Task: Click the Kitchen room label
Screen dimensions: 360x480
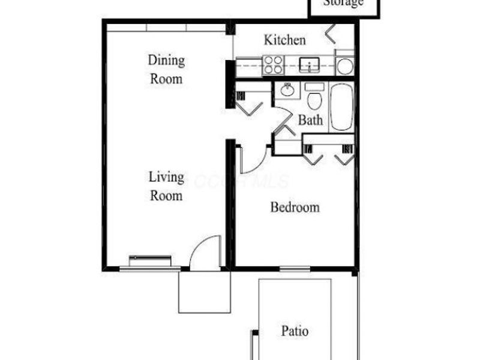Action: pyautogui.click(x=286, y=40)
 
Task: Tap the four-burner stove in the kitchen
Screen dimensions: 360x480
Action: pyautogui.click(x=273, y=64)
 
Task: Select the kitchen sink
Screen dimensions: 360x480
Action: pyautogui.click(x=310, y=64)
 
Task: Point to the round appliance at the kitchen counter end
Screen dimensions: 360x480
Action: pyautogui.click(x=344, y=66)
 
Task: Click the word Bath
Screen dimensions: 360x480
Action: pyautogui.click(x=311, y=120)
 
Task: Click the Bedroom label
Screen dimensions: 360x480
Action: pyautogui.click(x=295, y=208)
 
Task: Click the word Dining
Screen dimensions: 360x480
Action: pyautogui.click(x=166, y=60)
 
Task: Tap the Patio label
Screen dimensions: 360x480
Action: pyautogui.click(x=295, y=331)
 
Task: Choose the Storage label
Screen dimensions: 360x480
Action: pyautogui.click(x=344, y=3)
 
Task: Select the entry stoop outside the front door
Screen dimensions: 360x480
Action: pyautogui.click(x=204, y=292)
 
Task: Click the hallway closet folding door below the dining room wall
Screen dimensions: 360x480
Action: pyautogui.click(x=248, y=106)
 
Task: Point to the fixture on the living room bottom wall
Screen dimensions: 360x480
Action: pyautogui.click(x=151, y=260)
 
